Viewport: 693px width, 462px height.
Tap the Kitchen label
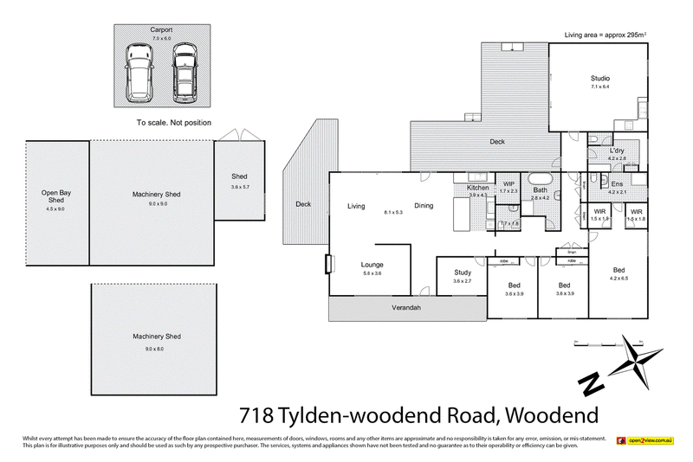click(x=478, y=188)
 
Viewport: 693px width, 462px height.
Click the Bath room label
click(x=540, y=189)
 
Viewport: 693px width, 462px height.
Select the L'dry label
click(x=617, y=151)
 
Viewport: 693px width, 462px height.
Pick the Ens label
click(x=617, y=183)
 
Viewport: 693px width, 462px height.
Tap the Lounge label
click(x=372, y=265)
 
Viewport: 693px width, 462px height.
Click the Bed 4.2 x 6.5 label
click(x=619, y=269)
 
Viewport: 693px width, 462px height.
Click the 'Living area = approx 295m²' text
click(x=606, y=35)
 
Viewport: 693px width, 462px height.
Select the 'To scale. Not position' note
click(x=174, y=123)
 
